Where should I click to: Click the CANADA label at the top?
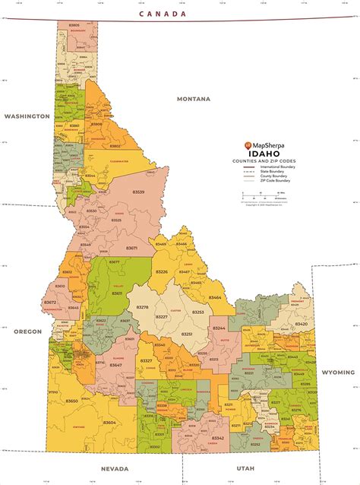click(x=161, y=14)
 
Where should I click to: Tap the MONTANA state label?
click(x=193, y=100)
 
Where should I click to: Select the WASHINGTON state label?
click(x=27, y=116)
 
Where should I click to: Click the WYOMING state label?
click(x=337, y=372)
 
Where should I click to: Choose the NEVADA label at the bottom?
click(x=114, y=468)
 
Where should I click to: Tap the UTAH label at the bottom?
click(x=246, y=468)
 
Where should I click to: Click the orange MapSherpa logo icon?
click(x=247, y=144)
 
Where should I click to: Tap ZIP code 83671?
click(x=131, y=248)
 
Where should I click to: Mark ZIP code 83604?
click(x=109, y=422)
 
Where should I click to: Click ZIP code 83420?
click(x=302, y=324)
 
